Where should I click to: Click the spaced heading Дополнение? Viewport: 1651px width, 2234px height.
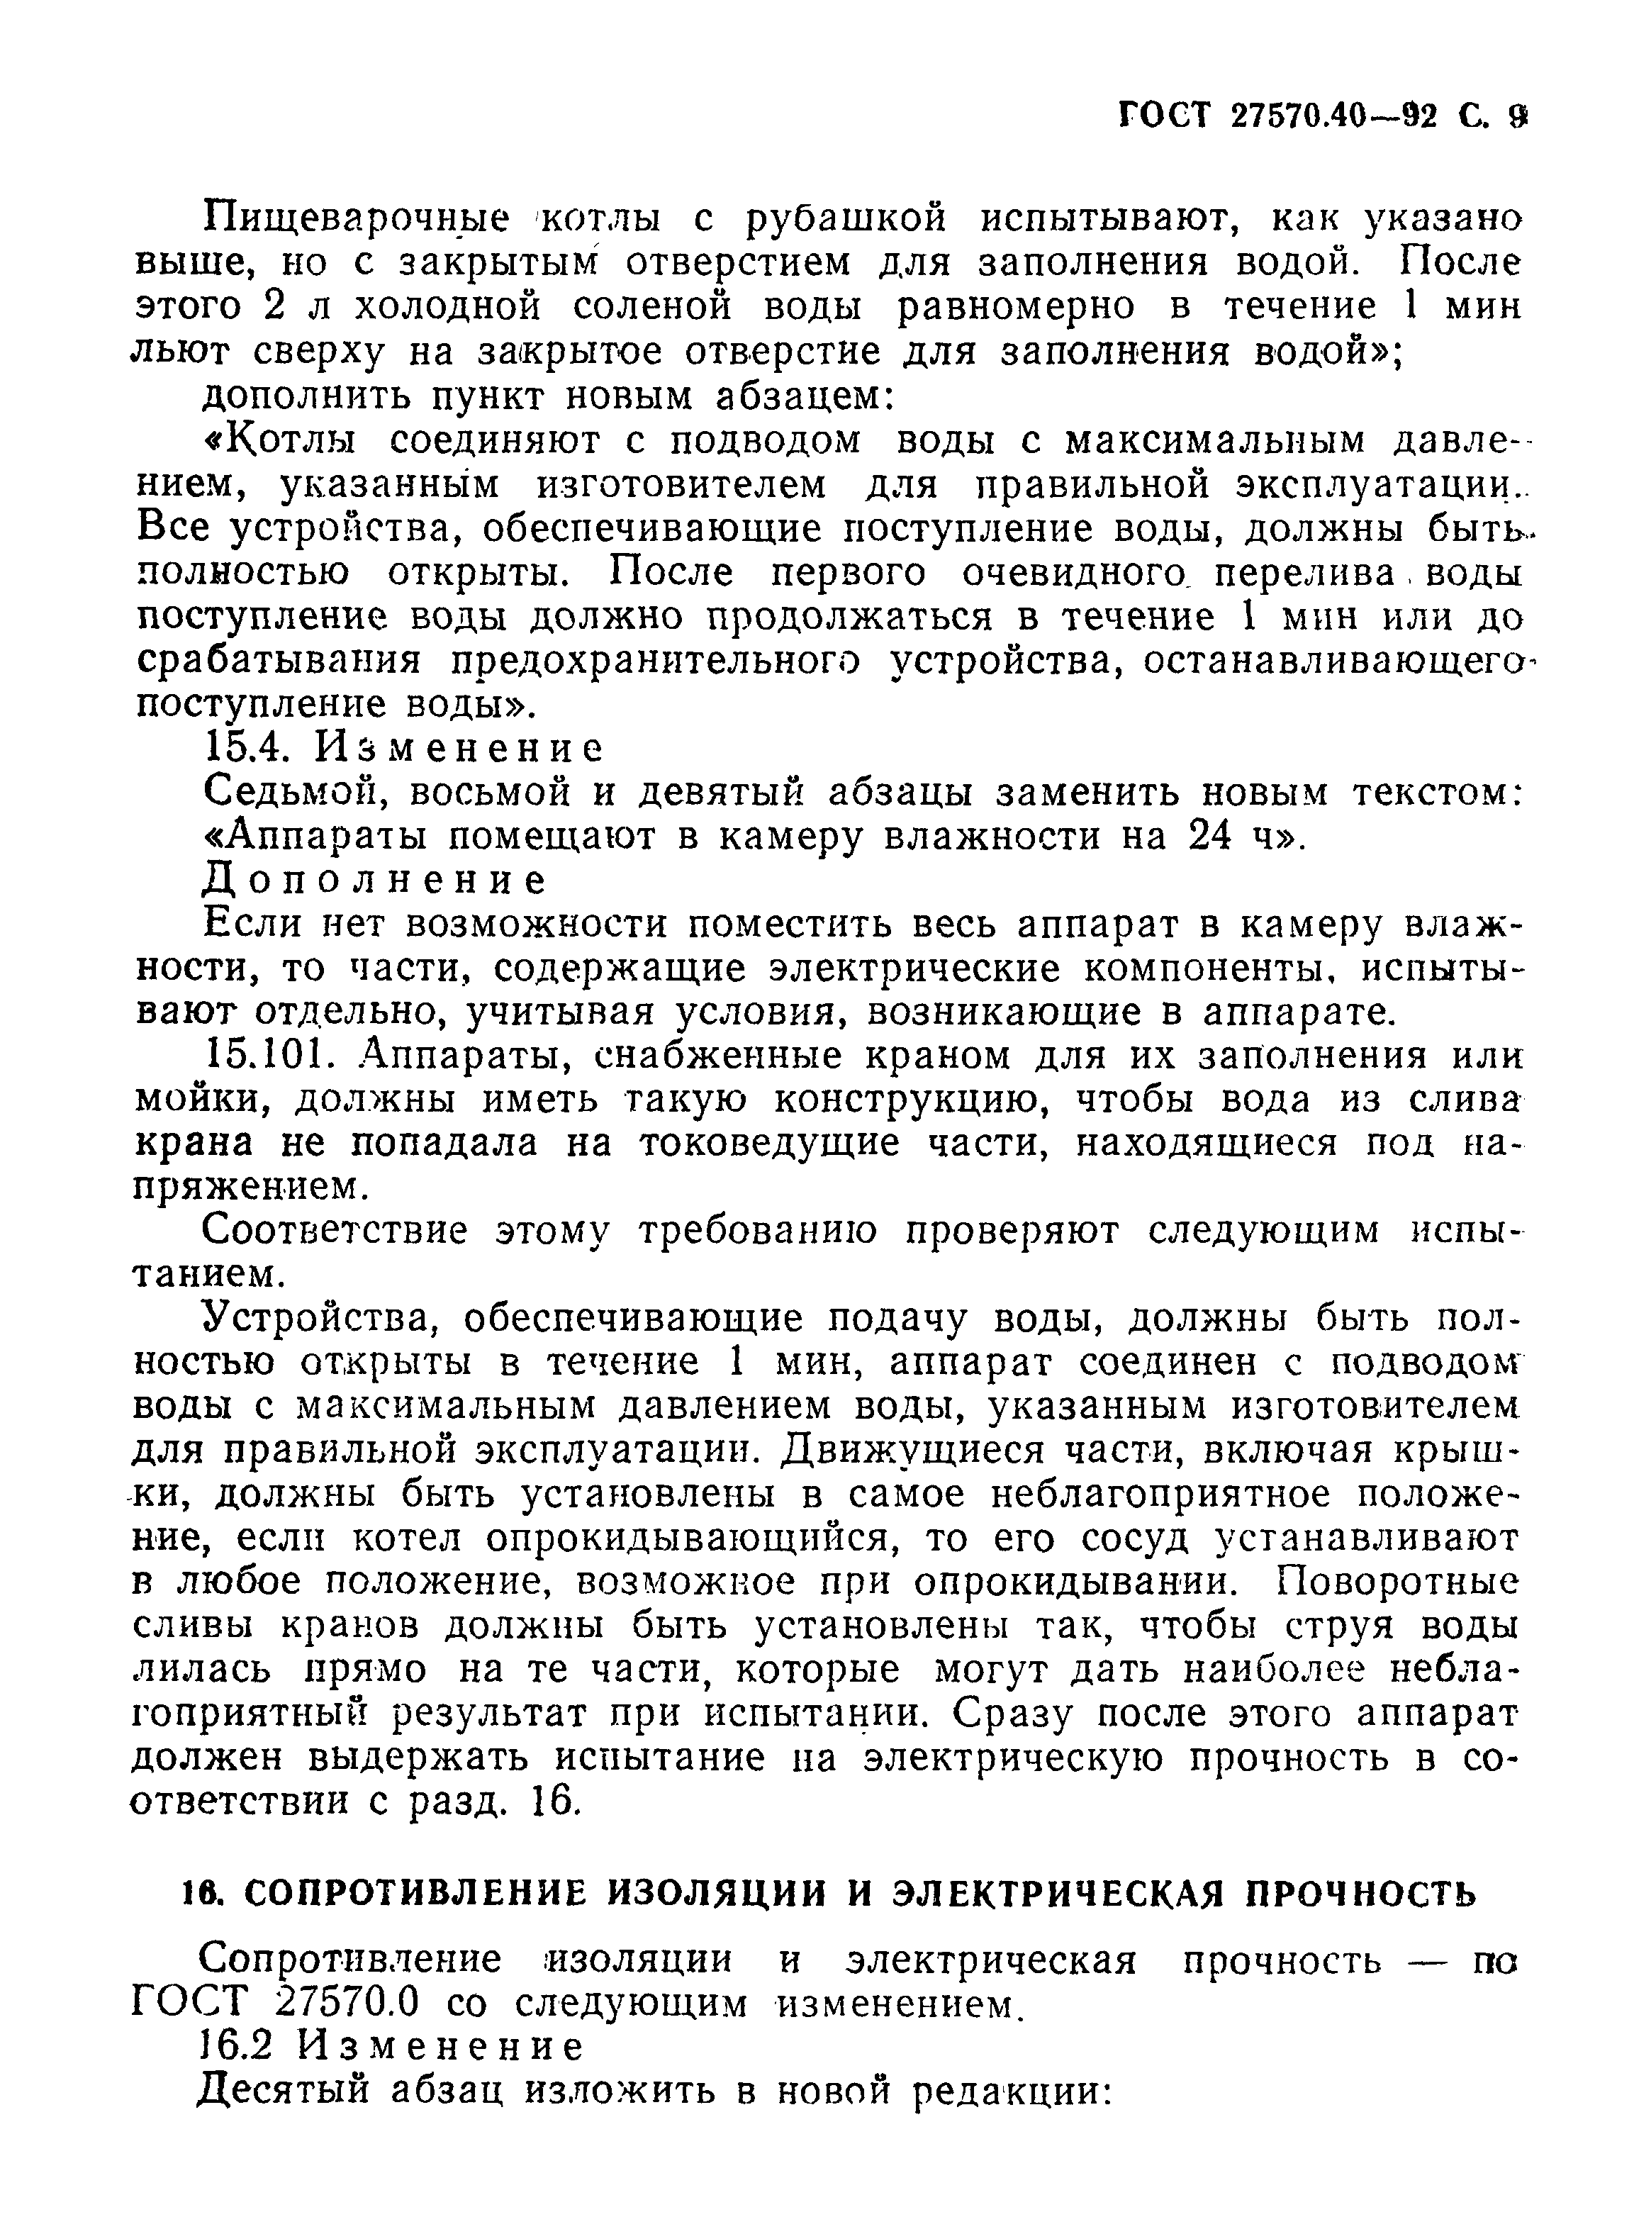pyautogui.click(x=376, y=881)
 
